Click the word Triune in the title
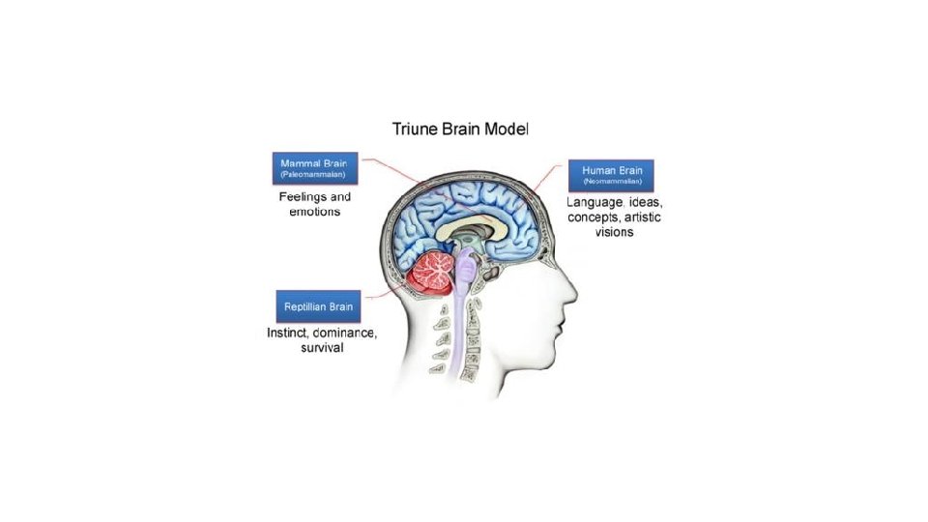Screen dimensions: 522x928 pos(415,128)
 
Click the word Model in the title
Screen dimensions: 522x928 pos(504,128)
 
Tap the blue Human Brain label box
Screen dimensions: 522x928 pos(611,175)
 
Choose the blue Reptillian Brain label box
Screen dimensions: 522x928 pos(318,306)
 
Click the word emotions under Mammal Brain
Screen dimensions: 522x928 pos(315,212)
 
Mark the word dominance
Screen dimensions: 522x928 pos(341,333)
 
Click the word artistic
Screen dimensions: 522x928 pos(641,217)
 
